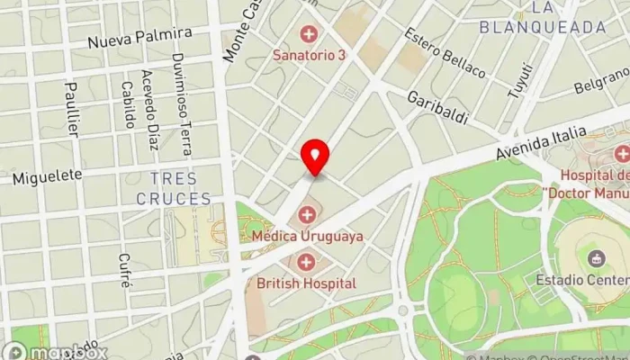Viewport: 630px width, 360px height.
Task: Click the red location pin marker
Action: click(315, 158)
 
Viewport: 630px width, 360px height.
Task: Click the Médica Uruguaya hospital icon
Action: click(308, 215)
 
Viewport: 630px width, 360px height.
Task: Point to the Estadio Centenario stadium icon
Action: click(595, 259)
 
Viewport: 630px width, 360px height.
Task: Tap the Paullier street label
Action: click(73, 109)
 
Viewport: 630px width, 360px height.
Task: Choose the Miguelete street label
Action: click(47, 176)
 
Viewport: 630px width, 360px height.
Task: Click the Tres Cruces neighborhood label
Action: click(181, 188)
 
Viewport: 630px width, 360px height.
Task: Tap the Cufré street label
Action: click(124, 269)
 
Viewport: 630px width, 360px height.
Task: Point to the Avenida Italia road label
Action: click(540, 144)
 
